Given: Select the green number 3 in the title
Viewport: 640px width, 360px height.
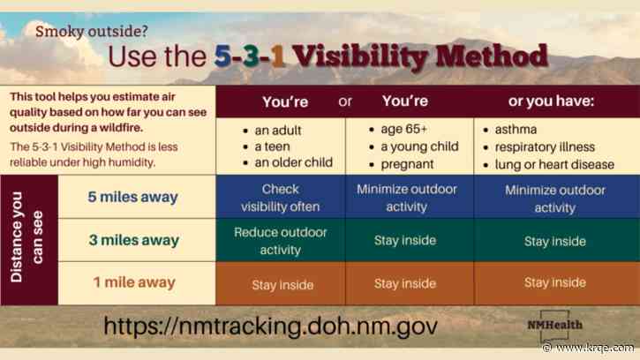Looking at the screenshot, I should (x=257, y=57).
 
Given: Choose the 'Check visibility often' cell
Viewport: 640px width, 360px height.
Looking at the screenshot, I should (x=281, y=199).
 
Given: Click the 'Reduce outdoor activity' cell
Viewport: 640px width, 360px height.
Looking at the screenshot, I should (x=281, y=240).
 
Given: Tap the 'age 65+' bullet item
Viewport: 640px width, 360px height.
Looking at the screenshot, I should (x=405, y=130).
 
